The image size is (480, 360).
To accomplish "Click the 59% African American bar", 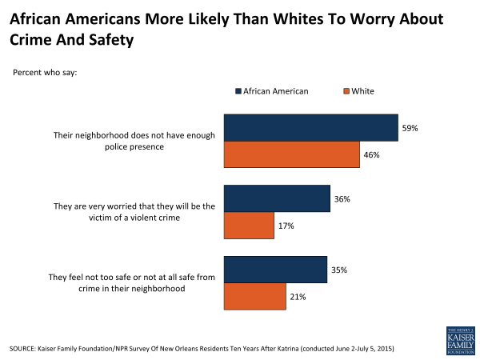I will click(x=310, y=128).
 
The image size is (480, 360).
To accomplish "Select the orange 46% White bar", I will click(x=291, y=154).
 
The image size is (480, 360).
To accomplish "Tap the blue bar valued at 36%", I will click(x=277, y=199).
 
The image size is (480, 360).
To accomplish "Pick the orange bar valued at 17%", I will click(x=249, y=226).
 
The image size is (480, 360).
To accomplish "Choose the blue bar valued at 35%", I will click(x=275, y=270).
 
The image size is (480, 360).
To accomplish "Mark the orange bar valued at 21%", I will click(x=254, y=297).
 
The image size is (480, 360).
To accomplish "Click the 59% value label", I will click(x=411, y=128).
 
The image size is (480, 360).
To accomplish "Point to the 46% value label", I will click(x=372, y=154).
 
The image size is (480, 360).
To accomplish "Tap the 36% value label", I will click(x=342, y=199).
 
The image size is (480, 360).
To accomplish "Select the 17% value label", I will click(x=286, y=226).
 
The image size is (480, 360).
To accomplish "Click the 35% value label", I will click(x=340, y=270).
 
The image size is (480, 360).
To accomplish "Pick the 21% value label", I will click(x=298, y=297).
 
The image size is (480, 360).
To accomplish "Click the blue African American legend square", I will click(x=238, y=91).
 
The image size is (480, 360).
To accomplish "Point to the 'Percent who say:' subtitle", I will click(x=44, y=73).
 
